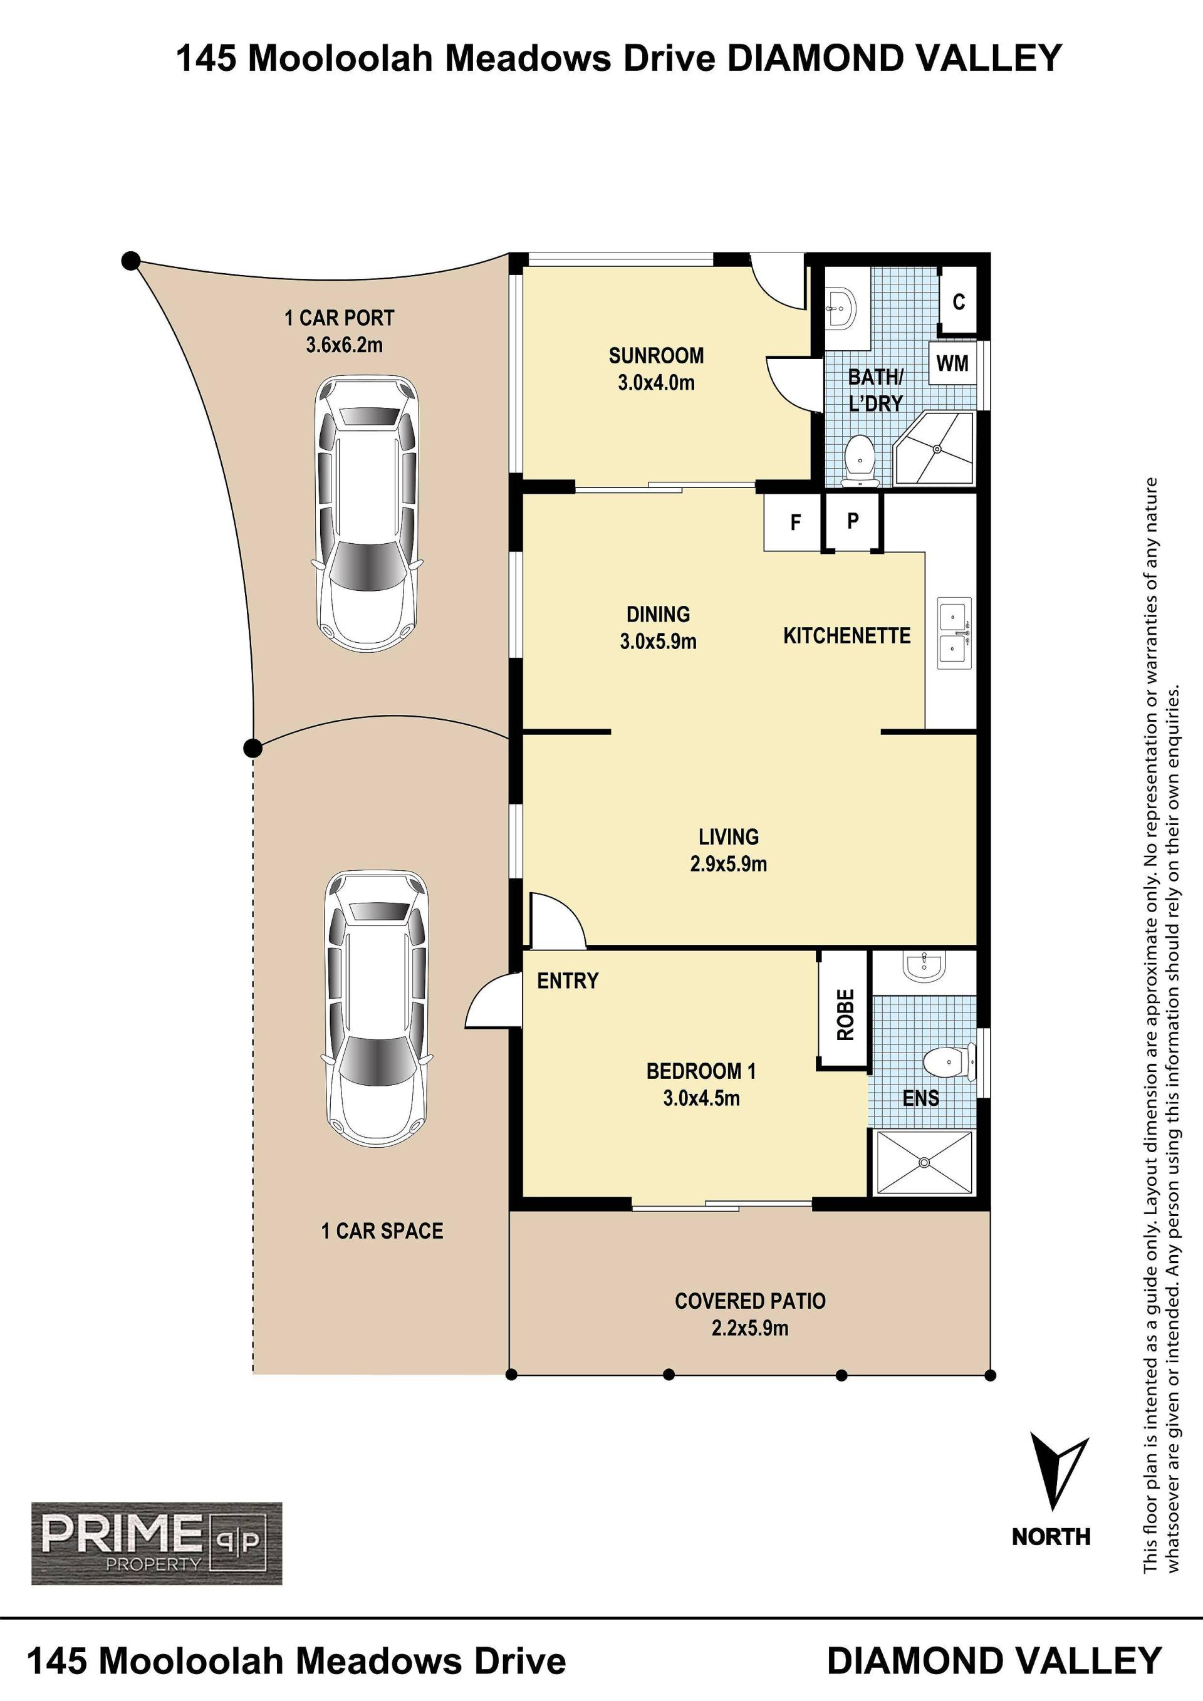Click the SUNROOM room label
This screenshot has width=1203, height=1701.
pyautogui.click(x=656, y=356)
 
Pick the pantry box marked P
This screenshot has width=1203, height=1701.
pyautogui.click(x=852, y=521)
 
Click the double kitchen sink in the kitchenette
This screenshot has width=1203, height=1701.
pyautogui.click(x=954, y=633)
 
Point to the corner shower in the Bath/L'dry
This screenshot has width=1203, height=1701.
pyautogui.click(x=935, y=448)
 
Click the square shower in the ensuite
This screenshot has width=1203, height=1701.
pyautogui.click(x=924, y=1162)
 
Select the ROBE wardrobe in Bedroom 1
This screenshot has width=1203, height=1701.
pyautogui.click(x=844, y=1014)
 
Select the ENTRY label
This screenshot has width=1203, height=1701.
pyautogui.click(x=568, y=981)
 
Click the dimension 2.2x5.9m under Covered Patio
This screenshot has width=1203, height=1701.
pyautogui.click(x=749, y=1328)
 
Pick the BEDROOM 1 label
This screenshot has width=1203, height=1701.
pyautogui.click(x=700, y=1071)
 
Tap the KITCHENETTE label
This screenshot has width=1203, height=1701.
pyautogui.click(x=846, y=636)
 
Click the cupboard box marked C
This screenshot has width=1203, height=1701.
pyautogui.click(x=959, y=301)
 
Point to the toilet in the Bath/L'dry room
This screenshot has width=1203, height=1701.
pyautogui.click(x=860, y=460)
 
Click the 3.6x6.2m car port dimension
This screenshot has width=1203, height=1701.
pyautogui.click(x=345, y=345)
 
